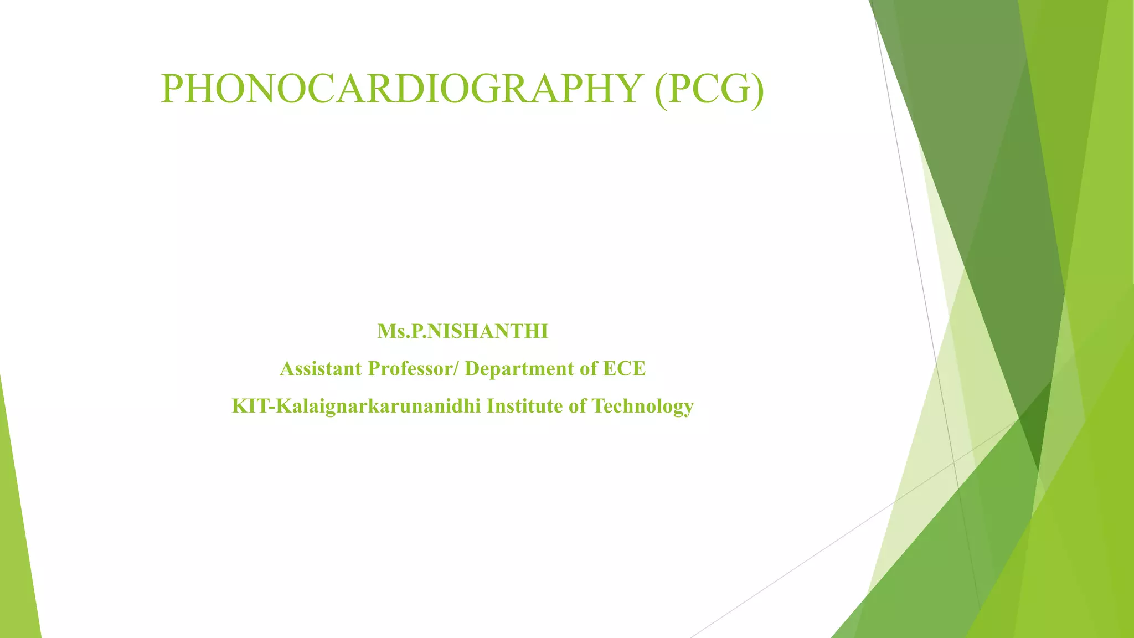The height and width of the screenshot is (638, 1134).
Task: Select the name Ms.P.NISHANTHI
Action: point(462,331)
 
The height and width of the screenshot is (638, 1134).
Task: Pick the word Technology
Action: point(642,406)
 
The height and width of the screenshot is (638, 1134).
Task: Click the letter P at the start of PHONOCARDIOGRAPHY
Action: point(172,89)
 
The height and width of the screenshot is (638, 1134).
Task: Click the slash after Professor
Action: point(456,369)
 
